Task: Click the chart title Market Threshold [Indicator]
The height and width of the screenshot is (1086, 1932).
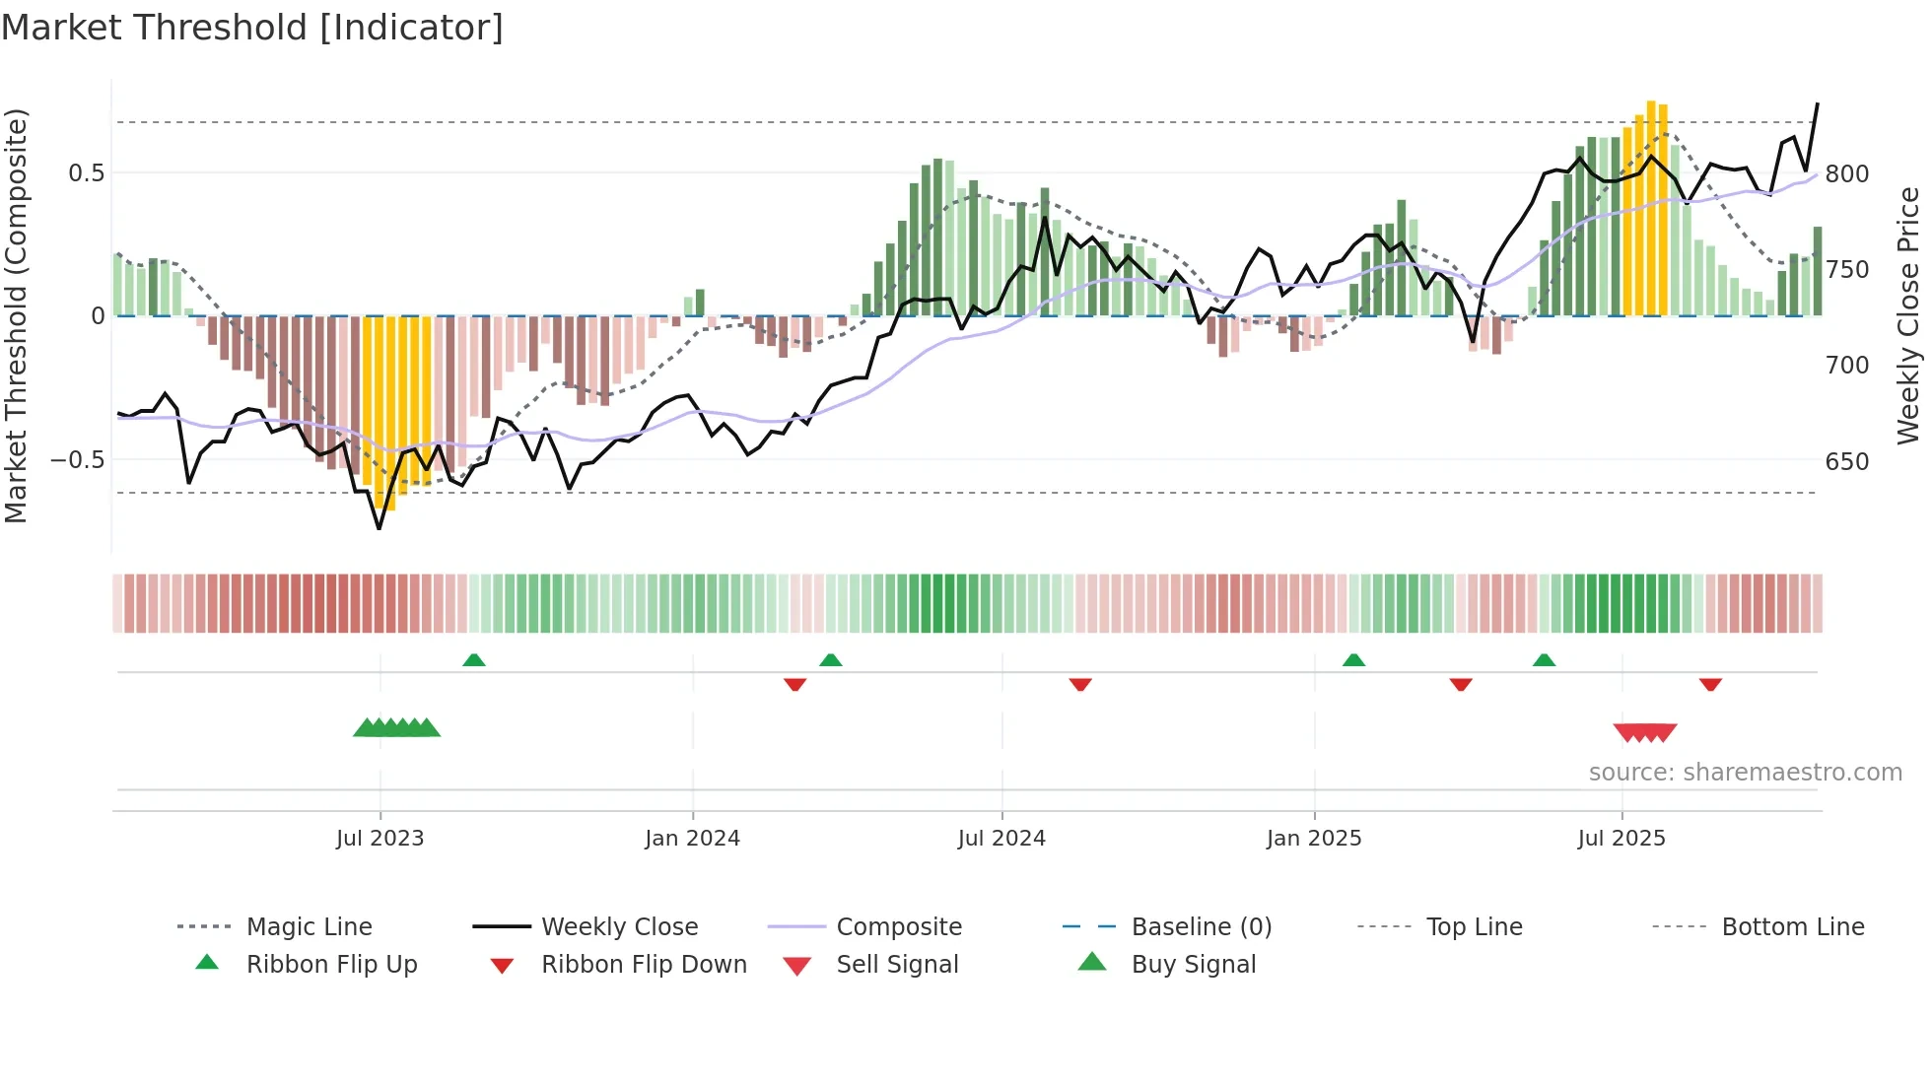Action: tap(252, 28)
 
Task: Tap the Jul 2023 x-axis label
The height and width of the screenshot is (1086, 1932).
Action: tap(379, 839)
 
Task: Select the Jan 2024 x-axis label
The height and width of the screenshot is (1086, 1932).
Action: tap(692, 839)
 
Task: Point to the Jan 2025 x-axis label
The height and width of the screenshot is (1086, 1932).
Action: tap(1314, 839)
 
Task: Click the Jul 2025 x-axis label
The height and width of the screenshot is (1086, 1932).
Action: tap(1621, 839)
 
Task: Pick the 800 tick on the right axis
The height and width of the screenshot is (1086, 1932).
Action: tap(1846, 174)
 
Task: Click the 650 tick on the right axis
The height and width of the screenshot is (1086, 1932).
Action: tap(1846, 462)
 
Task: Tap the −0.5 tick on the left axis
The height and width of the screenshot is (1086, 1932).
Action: tap(78, 460)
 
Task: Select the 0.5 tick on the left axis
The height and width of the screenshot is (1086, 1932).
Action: tap(86, 173)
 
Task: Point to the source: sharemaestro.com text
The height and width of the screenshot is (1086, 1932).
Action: tap(1745, 773)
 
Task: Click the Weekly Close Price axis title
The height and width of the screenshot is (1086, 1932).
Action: tap(1908, 315)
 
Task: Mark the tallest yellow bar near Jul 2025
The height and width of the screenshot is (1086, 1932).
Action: tap(1651, 207)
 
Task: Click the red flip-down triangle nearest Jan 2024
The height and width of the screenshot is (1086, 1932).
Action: tap(795, 684)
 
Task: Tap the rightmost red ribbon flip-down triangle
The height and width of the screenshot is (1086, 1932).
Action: tap(1710, 684)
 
